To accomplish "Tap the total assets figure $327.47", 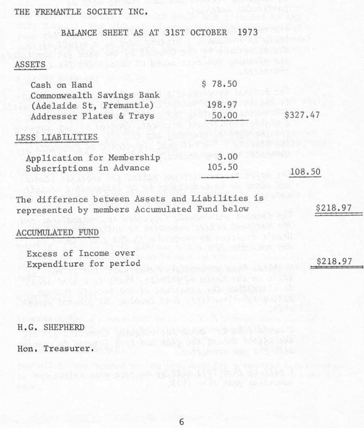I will (302, 115).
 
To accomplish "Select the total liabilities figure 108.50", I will (305, 172).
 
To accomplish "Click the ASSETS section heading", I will (30, 64).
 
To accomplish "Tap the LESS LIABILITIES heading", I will (56, 137).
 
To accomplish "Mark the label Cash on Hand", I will (61, 85).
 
